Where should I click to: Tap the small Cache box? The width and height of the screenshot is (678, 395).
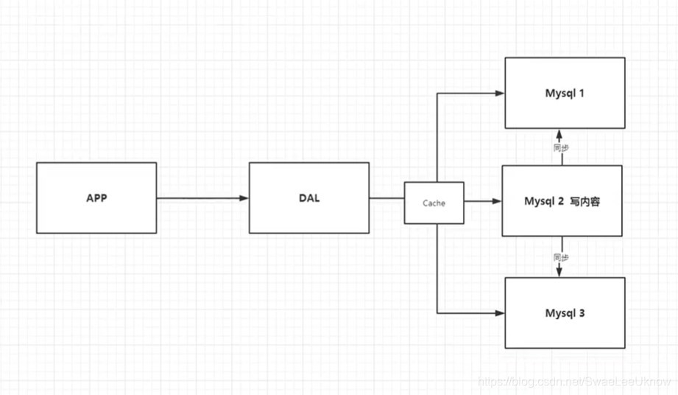point(434,203)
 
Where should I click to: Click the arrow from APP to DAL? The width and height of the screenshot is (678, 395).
point(202,198)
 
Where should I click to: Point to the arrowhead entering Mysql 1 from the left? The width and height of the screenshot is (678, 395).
point(499,94)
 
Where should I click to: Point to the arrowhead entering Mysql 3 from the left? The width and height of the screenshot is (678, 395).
point(499,313)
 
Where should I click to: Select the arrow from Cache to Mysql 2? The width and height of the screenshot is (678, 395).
point(483,201)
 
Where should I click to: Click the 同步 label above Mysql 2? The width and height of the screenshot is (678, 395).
point(561,148)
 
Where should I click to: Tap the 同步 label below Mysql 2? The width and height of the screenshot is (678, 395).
point(561,258)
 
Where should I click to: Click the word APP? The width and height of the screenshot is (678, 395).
point(96,198)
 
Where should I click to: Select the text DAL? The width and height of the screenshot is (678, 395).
point(308,198)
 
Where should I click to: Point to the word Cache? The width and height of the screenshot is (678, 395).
point(434,203)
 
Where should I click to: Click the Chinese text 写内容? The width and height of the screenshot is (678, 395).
point(585,201)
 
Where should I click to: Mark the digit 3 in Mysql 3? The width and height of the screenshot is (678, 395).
point(582,313)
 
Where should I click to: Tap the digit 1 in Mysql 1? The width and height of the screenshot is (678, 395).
point(582,94)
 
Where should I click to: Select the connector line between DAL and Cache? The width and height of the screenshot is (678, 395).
point(386,198)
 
